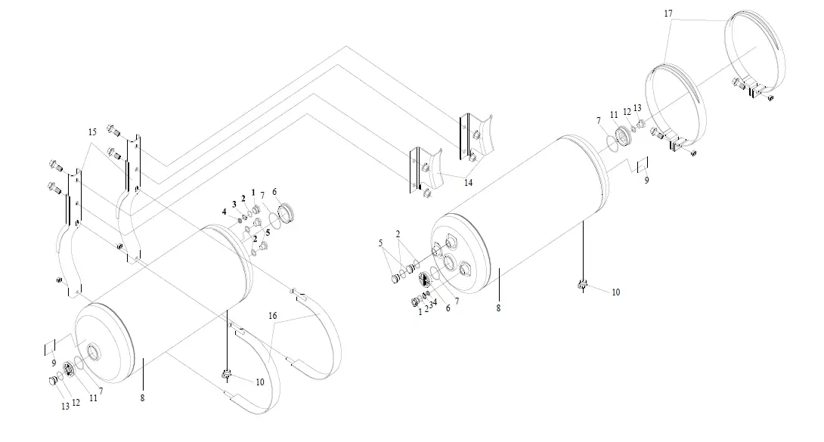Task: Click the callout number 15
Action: [92, 132]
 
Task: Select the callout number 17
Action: [668, 14]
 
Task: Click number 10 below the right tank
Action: [616, 292]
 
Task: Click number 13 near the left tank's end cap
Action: [65, 406]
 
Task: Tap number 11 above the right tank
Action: [613, 115]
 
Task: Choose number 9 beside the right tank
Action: [646, 181]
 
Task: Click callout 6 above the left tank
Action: [275, 191]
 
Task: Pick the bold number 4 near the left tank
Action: [225, 213]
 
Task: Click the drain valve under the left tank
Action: [227, 372]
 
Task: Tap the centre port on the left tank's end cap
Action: [94, 351]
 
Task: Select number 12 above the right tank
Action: [627, 111]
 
